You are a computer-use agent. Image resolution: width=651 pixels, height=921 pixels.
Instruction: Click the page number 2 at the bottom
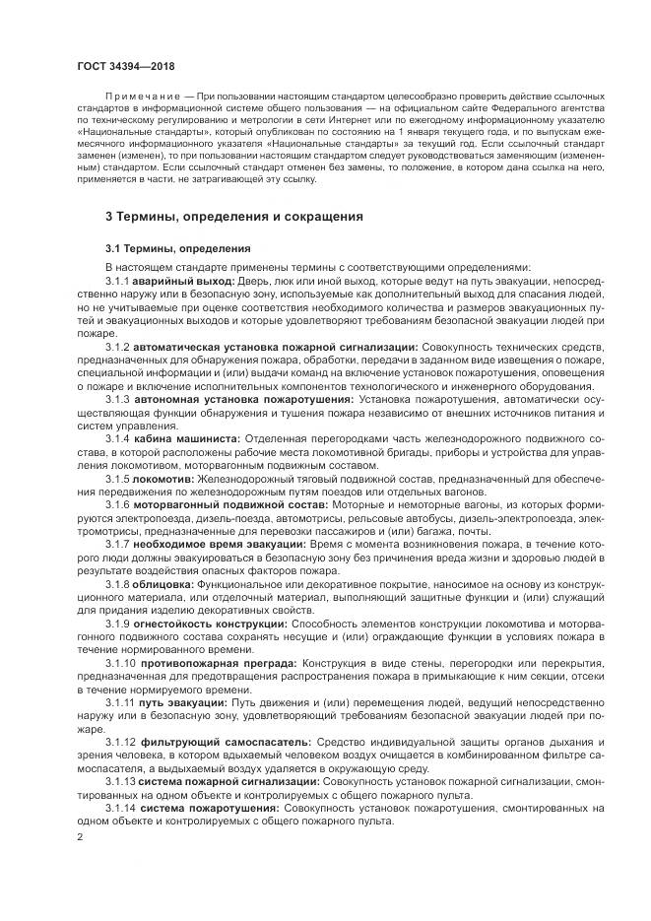(79, 837)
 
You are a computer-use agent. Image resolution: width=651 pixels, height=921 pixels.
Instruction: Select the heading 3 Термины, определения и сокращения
(234, 215)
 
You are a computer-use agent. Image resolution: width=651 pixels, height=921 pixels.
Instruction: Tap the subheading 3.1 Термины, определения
(178, 248)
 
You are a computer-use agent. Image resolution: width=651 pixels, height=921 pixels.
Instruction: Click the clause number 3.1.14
(120, 807)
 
